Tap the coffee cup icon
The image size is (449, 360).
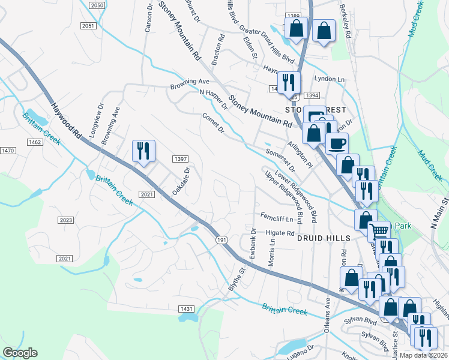337,143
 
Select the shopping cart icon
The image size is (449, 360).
379,230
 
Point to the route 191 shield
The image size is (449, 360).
221,239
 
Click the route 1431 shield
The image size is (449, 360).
187,308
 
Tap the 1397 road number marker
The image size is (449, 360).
181,159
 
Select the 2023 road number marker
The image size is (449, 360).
66,220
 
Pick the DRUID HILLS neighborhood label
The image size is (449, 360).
323,238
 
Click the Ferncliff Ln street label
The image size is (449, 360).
277,218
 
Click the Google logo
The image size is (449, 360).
20,353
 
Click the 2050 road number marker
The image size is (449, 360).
97,5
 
